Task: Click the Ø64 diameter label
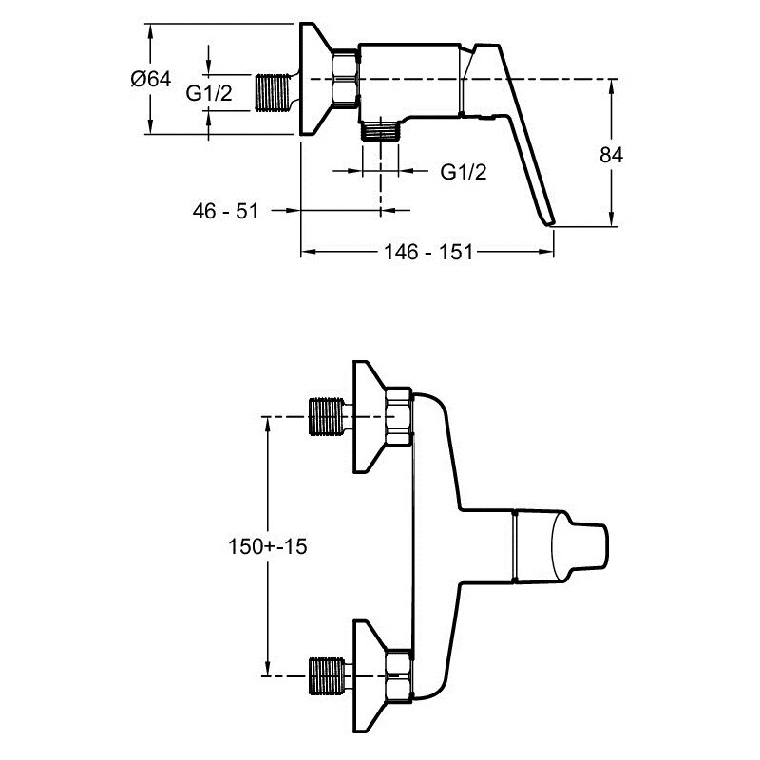(150, 80)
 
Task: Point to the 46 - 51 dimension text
(226, 211)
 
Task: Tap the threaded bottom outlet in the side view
(382, 130)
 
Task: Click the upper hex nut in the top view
(398, 417)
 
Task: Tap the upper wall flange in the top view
(368, 417)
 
